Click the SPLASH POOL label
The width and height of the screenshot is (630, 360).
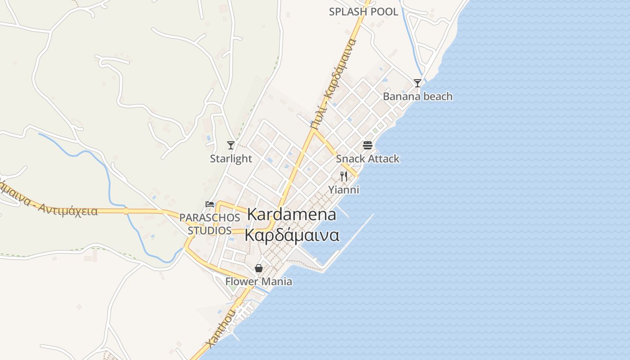pyautogui.click(x=363, y=12)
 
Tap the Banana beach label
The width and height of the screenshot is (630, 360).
pyautogui.click(x=418, y=96)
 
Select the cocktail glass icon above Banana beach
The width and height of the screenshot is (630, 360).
pyautogui.click(x=418, y=83)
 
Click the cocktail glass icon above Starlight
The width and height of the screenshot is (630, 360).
pyautogui.click(x=231, y=145)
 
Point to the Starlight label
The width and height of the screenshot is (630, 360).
pyautogui.click(x=231, y=158)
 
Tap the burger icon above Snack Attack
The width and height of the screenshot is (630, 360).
pyautogui.click(x=367, y=145)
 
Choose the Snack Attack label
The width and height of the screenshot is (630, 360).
pyautogui.click(x=367, y=158)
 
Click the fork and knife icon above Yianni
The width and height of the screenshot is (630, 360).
pyautogui.click(x=344, y=176)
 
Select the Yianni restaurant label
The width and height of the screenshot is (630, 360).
pyautogui.click(x=344, y=189)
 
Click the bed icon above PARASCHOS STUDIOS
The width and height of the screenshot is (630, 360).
pyautogui.click(x=210, y=204)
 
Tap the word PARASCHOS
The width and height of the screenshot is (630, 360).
pyautogui.click(x=210, y=218)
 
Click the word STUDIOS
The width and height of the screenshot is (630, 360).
pyautogui.click(x=210, y=231)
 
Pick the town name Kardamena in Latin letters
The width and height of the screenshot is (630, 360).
pyautogui.click(x=292, y=215)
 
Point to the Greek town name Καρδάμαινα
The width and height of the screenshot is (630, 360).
pyautogui.click(x=292, y=235)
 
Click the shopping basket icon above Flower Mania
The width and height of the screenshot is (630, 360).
pyautogui.click(x=259, y=269)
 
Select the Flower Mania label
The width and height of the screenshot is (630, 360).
pyautogui.click(x=259, y=282)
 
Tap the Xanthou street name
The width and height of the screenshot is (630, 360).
pyautogui.click(x=220, y=328)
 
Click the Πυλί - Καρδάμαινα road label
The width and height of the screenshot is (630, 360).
pyautogui.click(x=333, y=83)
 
